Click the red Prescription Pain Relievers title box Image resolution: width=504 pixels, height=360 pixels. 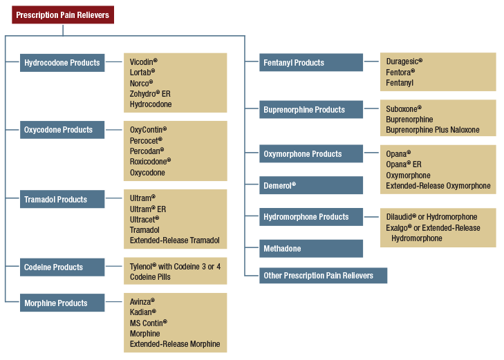tap(63, 15)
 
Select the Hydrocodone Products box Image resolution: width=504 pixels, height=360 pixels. tap(62, 63)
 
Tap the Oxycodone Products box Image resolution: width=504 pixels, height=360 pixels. tap(62, 130)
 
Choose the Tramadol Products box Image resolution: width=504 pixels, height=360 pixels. tap(62, 200)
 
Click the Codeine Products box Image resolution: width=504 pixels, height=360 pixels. tap(62, 267)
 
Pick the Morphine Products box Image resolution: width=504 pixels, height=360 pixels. tap(62, 303)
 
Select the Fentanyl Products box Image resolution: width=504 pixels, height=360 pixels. tap(311, 63)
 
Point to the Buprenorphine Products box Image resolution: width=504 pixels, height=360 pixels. tap(311, 110)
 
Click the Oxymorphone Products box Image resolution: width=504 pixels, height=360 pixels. tap(311, 154)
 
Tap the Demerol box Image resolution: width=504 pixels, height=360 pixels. tap(311, 186)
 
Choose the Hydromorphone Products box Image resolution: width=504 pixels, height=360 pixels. tap(311, 217)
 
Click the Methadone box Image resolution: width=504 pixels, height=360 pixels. tap(311, 249)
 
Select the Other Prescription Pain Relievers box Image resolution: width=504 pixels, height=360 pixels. tap(323, 276)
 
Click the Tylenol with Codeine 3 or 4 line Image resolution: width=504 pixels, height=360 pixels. tap(175, 266)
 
